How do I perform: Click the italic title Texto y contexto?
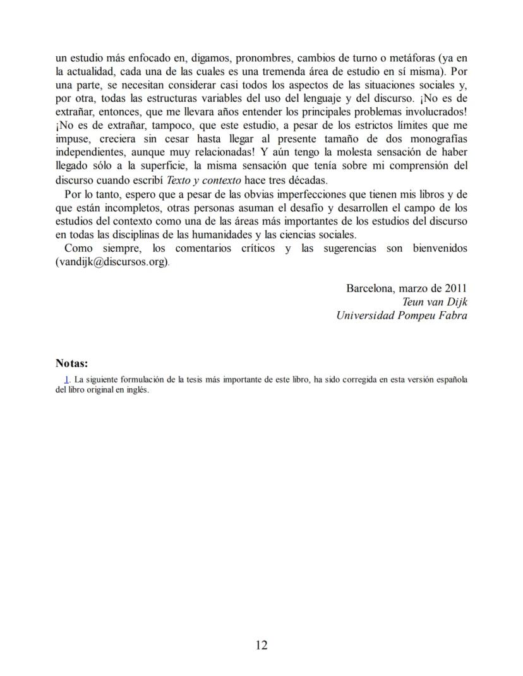(204, 180)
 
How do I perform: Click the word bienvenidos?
(440, 248)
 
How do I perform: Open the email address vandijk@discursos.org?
(112, 262)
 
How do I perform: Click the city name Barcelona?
(368, 288)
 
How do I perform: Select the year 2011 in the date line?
(455, 288)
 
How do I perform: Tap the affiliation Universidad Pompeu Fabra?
(402, 316)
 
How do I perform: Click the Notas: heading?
(71, 363)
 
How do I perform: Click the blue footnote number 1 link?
(66, 379)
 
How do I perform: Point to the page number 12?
(261, 645)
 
